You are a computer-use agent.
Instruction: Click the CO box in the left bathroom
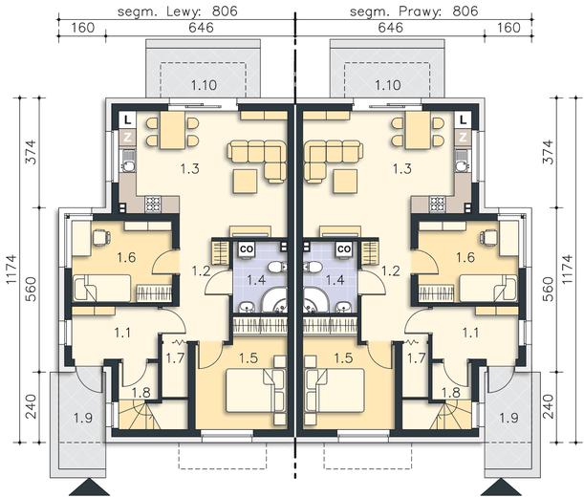pos(247,248)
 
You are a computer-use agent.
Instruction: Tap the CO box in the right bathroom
pos(344,248)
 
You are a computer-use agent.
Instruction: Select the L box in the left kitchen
pos(128,120)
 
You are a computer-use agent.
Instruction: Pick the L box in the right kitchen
pos(463,120)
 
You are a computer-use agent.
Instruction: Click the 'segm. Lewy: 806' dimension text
pos(177,11)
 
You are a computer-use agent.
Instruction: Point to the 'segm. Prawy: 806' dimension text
pos(414,11)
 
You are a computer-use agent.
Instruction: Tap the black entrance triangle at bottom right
pos(501,488)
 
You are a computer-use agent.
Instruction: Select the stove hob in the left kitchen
pos(153,205)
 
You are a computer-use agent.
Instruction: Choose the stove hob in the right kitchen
pos(438,205)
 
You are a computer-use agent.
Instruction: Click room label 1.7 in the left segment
pos(175,358)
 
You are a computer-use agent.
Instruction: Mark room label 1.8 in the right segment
pos(450,392)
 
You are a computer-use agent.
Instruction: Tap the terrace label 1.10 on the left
pos(204,85)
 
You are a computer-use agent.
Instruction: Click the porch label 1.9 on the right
pos(508,418)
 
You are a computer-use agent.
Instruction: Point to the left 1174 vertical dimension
pos(11,270)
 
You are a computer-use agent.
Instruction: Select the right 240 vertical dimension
pos(550,407)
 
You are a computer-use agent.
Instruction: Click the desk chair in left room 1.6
pos(101,238)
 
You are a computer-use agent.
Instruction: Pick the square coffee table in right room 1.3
pos(345,181)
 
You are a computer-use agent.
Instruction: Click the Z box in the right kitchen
pos(463,137)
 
